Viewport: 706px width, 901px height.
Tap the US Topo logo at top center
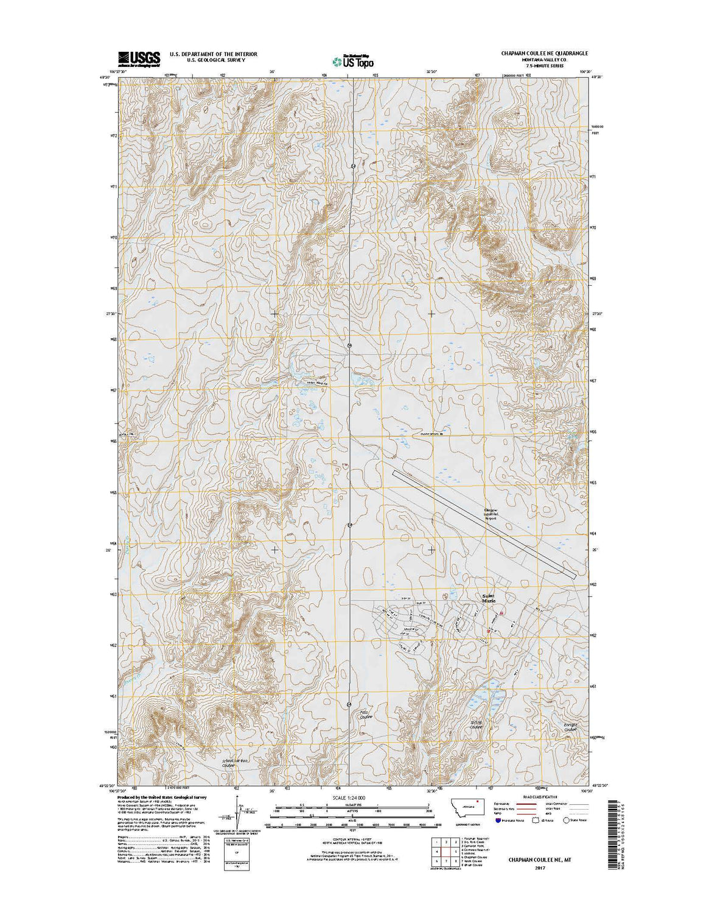point(353,60)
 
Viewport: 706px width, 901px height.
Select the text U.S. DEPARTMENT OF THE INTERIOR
point(213,54)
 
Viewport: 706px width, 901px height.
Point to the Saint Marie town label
point(489,598)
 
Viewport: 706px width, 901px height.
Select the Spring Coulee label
point(476,724)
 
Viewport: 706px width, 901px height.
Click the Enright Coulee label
point(569,727)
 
